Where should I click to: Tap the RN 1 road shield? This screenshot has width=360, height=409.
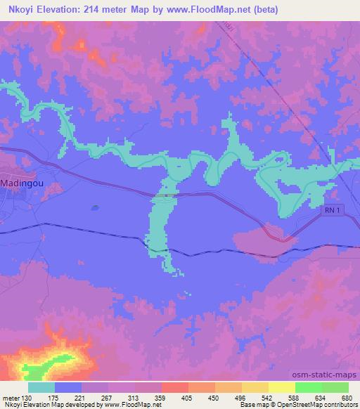(333, 212)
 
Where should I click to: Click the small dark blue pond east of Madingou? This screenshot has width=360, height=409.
(95, 207)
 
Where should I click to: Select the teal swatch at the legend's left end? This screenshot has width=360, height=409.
(41, 387)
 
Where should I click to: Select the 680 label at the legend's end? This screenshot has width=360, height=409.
(347, 398)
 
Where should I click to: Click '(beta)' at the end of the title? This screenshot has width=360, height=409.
(266, 10)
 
